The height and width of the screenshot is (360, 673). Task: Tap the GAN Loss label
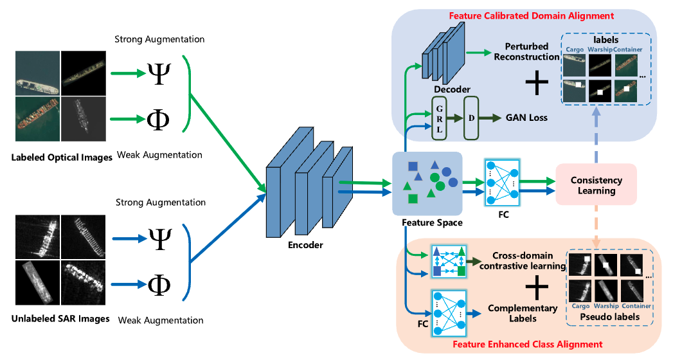click(526, 118)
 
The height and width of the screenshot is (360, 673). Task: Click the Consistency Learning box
click(596, 185)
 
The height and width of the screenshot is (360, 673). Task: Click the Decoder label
click(452, 89)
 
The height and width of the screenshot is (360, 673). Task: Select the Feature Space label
click(427, 222)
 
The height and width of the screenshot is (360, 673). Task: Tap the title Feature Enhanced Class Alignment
click(528, 345)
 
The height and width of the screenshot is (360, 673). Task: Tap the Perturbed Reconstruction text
click(526, 52)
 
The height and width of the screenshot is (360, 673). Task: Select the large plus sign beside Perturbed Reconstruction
click(537, 84)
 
